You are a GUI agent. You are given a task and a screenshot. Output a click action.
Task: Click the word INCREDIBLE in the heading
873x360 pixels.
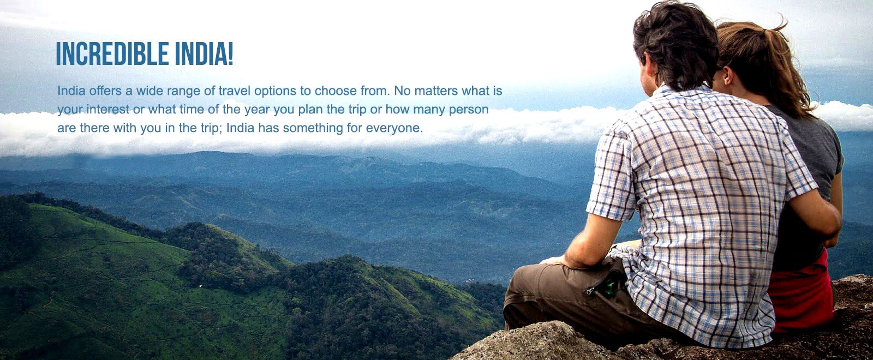click(112, 54)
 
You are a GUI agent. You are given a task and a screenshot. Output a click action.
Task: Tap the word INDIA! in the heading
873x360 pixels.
click(204, 54)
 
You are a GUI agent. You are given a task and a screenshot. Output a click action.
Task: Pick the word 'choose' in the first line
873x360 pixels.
click(336, 91)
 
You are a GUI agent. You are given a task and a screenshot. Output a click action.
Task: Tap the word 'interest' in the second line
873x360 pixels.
click(108, 110)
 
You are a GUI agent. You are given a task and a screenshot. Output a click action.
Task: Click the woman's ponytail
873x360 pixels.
click(784, 70)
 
